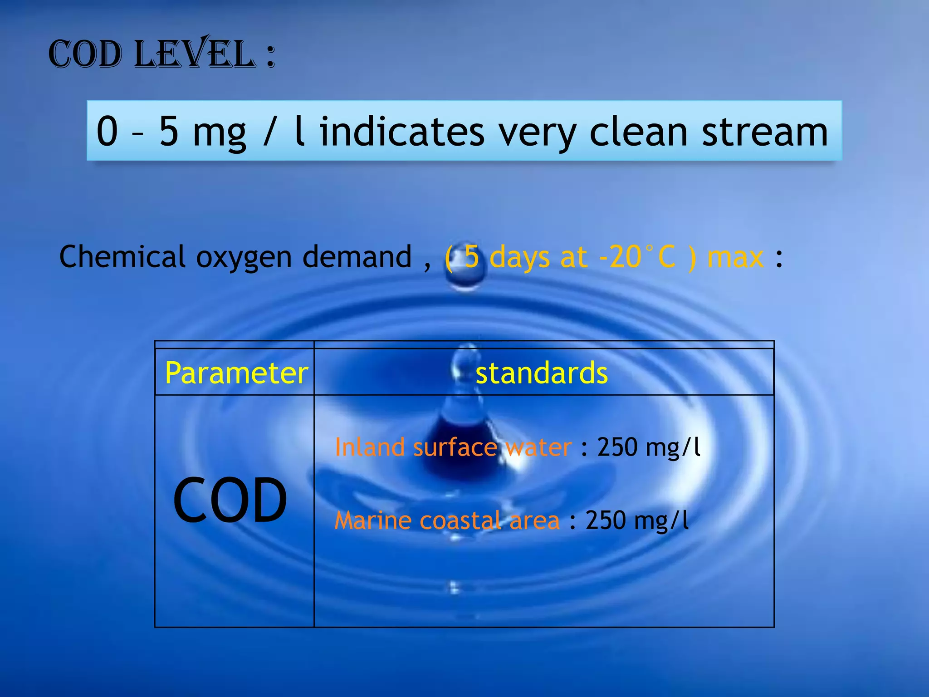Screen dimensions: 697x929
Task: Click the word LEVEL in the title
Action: [195, 54]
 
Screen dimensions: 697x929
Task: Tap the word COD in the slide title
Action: [85, 55]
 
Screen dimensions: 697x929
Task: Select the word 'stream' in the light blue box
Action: [765, 132]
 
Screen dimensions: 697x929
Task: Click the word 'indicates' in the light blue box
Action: [402, 132]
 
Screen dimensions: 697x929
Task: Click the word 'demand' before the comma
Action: [357, 257]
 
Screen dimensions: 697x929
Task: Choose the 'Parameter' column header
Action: [236, 373]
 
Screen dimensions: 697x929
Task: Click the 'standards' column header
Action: [542, 373]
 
